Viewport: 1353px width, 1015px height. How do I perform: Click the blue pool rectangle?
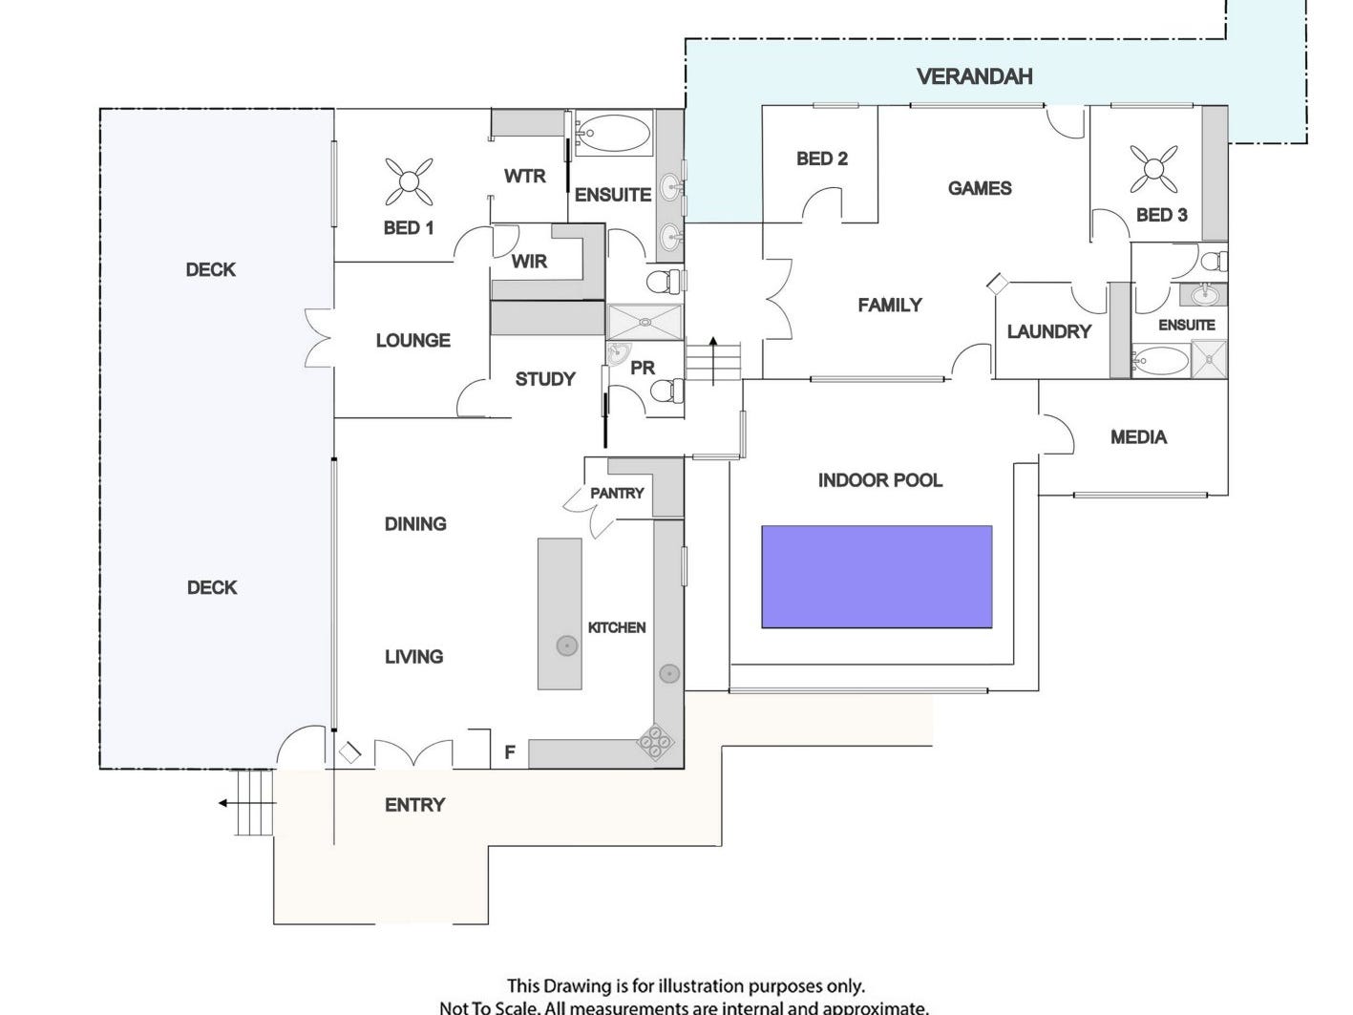click(x=877, y=576)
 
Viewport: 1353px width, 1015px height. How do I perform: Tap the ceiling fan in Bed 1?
click(x=409, y=181)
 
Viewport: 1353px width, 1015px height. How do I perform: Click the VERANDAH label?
click(x=974, y=76)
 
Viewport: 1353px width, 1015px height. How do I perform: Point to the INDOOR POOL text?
click(x=879, y=480)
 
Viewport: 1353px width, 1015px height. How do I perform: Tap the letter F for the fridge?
click(x=510, y=752)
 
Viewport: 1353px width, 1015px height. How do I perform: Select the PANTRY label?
click(x=617, y=493)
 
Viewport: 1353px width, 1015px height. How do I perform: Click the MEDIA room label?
click(x=1138, y=437)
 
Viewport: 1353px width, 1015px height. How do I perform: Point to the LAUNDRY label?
click(x=1048, y=331)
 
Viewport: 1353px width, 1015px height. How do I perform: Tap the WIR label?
click(x=529, y=261)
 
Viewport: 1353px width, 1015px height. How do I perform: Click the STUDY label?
click(x=545, y=379)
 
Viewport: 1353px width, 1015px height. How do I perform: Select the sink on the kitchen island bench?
click(x=567, y=646)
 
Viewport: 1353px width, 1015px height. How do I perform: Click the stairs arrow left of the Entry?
click(x=226, y=803)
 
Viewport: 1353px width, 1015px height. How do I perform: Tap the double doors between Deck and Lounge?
click(x=318, y=338)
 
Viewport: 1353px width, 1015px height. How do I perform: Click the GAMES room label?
click(x=980, y=188)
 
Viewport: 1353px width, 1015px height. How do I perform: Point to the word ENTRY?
click(x=414, y=805)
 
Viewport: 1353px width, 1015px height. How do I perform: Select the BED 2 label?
click(x=821, y=159)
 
